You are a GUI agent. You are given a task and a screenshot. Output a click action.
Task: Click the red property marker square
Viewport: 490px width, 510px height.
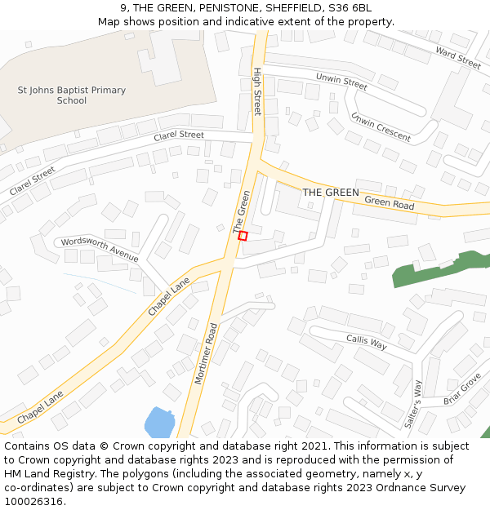243,236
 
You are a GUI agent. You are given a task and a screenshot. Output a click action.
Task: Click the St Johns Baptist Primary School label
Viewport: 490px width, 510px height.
72,95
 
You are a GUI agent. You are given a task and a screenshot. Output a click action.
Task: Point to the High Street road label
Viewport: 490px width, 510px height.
256,91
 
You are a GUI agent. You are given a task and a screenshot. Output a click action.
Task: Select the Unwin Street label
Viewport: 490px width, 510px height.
341,82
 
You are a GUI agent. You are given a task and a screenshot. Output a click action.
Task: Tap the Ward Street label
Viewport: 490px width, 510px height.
458,57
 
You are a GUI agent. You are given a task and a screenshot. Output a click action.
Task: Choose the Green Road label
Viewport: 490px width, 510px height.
390,202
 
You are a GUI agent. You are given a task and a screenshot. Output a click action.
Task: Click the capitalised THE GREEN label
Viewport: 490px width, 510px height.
331,193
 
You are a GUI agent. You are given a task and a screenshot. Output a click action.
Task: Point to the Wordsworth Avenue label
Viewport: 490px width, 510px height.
100,248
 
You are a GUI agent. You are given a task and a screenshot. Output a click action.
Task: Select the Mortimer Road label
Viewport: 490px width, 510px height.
212,354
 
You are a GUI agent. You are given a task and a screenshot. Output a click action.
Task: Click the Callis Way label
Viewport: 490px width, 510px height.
366,341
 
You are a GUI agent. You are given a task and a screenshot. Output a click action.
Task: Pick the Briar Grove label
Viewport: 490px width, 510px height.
462,389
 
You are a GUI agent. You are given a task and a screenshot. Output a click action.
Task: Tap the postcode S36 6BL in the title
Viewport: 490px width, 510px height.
348,7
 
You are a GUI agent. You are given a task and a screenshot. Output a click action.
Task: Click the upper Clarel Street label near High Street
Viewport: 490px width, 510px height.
179,135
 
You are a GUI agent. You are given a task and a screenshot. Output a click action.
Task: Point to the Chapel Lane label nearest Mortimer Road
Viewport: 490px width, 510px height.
168,297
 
